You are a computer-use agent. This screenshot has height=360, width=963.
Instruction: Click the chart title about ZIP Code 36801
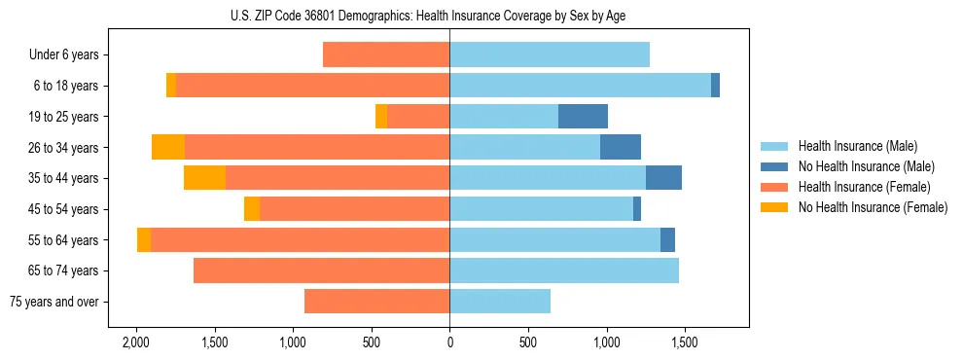pos(449,16)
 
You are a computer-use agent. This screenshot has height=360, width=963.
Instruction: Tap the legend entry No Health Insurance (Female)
pos(873,207)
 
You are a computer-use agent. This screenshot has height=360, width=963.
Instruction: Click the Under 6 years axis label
pos(63,55)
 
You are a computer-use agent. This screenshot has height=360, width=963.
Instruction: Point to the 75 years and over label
pos(53,302)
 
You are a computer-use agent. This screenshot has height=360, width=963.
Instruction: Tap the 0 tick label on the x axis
pos(449,343)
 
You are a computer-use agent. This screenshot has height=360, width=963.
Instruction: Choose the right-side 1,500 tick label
pos(685,343)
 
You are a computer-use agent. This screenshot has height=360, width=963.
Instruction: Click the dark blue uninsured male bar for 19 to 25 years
pos(583,117)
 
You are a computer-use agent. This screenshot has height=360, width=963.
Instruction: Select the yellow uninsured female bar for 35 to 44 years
pos(204,178)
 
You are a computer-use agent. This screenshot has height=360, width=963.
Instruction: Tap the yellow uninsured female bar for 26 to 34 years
pos(168,147)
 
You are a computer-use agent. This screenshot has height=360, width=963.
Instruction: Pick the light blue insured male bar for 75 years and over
pos(500,302)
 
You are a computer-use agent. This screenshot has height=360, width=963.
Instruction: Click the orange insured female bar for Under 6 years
pos(386,55)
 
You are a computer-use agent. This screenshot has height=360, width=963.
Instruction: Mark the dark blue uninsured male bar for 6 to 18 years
pos(715,86)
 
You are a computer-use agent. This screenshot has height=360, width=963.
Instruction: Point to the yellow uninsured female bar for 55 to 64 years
pos(144,239)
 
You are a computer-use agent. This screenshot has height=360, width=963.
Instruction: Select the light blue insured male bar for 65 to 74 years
pos(564,270)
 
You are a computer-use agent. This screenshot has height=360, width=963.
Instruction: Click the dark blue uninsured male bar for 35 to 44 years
pos(663,178)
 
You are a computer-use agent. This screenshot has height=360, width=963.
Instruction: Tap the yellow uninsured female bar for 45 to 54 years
pos(252,209)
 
